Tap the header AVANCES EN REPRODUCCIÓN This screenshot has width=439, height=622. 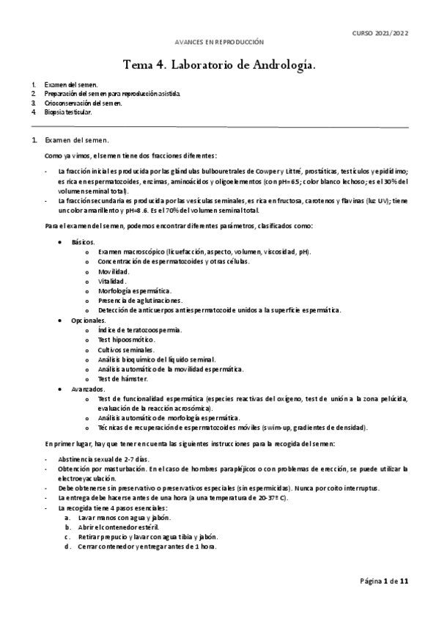[x=220, y=43]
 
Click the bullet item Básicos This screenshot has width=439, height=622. [x=83, y=241]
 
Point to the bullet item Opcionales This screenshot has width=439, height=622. [x=88, y=321]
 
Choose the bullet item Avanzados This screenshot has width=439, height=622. [x=88, y=389]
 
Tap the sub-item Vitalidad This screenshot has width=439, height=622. [x=112, y=281]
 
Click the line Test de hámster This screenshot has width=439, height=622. [x=122, y=378]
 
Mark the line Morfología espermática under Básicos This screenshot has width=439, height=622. [x=135, y=291]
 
